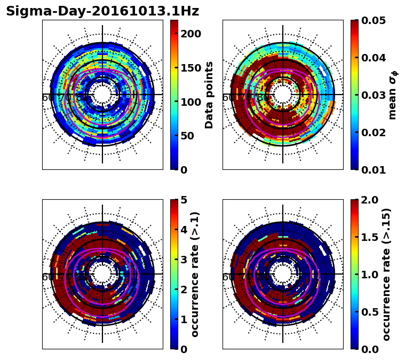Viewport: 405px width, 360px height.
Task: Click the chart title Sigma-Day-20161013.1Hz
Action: (102, 11)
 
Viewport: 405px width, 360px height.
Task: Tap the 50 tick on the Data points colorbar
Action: (191, 136)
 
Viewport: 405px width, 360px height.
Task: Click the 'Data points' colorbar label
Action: (209, 95)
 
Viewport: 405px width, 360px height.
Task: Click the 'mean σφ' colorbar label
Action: (392, 95)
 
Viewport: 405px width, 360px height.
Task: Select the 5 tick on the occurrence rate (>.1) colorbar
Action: (184, 200)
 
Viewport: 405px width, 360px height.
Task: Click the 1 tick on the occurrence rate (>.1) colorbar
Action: (184, 319)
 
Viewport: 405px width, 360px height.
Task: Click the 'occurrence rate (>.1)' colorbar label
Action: (195, 274)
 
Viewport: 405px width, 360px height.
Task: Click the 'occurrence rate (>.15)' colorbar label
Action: (386, 274)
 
